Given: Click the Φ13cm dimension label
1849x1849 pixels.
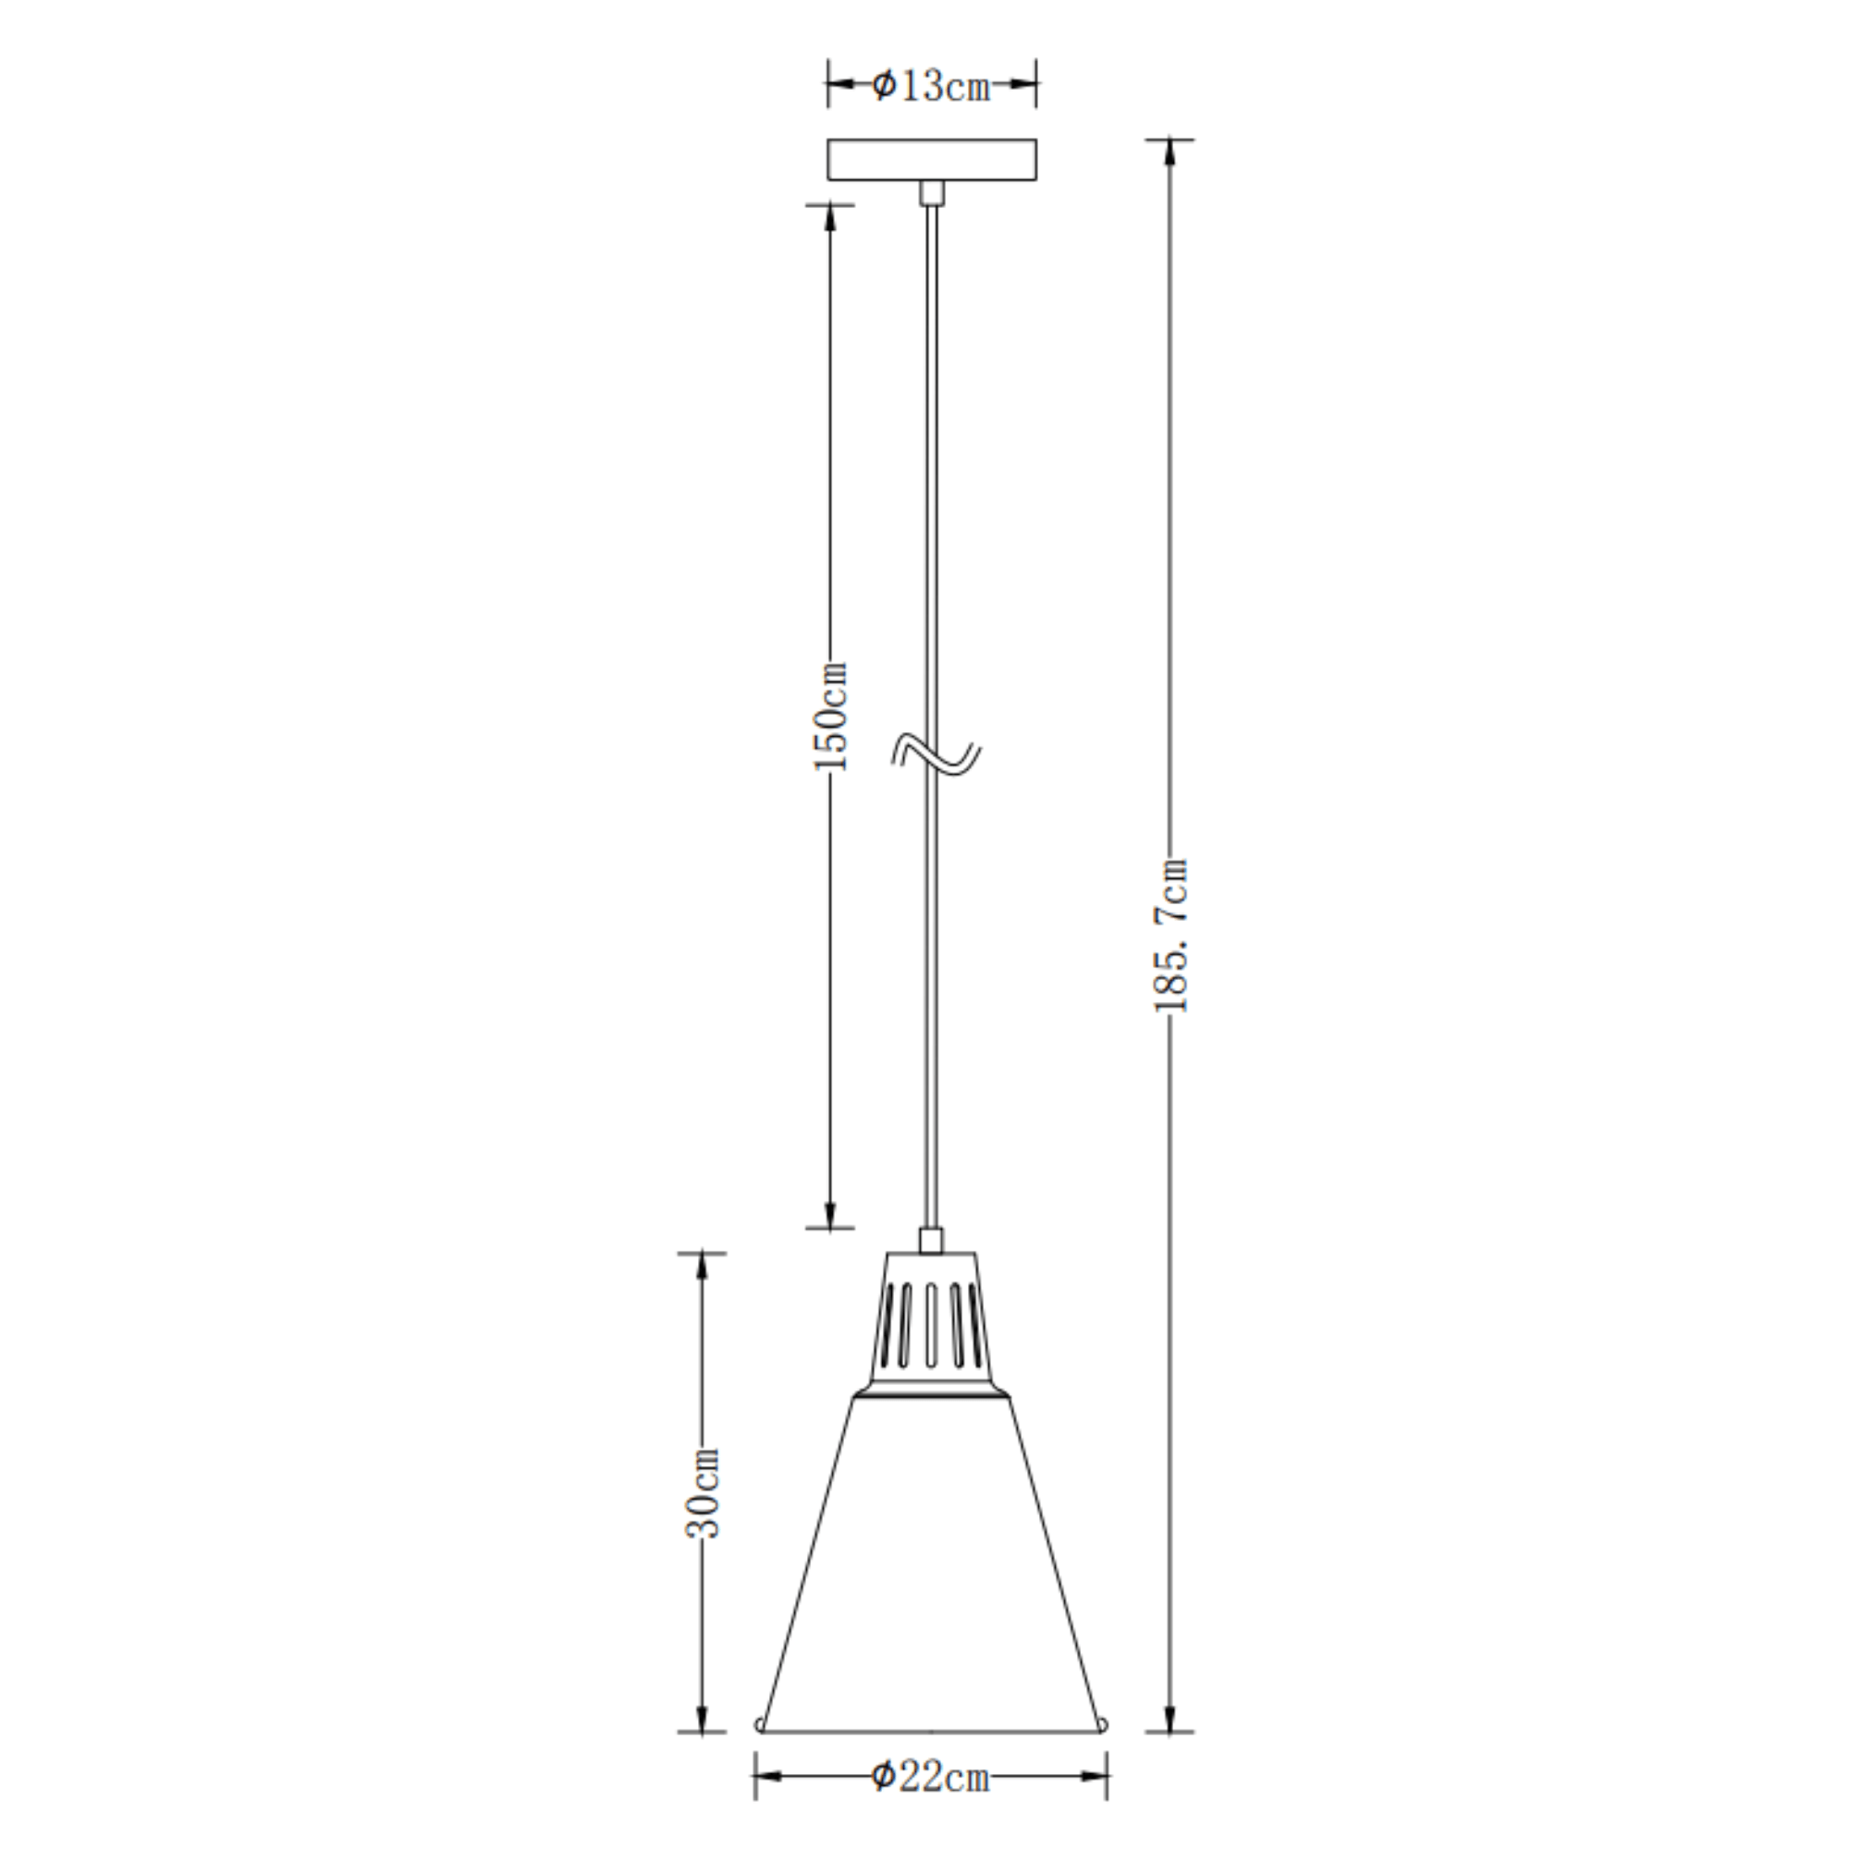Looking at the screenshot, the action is coord(930,86).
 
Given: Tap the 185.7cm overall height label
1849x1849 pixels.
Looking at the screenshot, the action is coord(1170,935).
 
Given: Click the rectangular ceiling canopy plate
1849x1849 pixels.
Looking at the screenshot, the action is coord(931,159).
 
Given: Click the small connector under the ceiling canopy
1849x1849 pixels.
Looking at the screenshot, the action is coord(931,191).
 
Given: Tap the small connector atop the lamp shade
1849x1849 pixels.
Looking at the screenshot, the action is coord(931,1242).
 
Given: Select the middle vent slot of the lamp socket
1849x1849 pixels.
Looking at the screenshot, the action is coord(931,1325).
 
